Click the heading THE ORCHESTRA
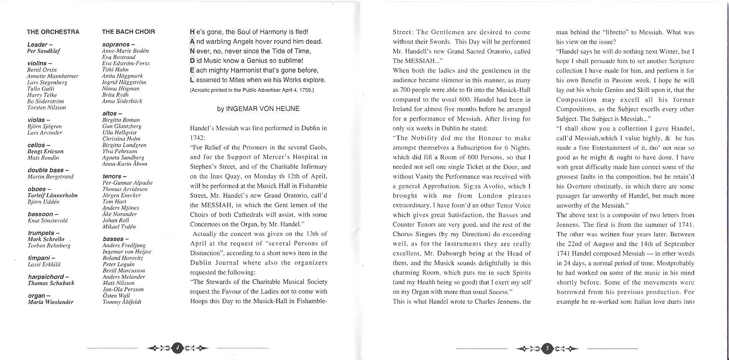coord(53,32)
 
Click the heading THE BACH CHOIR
coord(129,32)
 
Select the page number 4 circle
coord(177,348)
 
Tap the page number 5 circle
coord(547,348)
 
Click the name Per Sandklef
coord(43,51)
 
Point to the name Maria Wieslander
coord(50,302)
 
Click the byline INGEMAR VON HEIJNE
coord(258,109)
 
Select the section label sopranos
coord(116,45)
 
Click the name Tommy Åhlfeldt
coord(122,302)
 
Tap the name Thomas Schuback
coord(51,283)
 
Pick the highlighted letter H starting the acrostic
coord(192,32)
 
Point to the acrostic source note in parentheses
coord(252,90)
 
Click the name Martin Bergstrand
coord(50,177)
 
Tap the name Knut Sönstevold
coord(48,221)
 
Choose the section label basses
coord(113,239)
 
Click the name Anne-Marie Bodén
coord(125,51)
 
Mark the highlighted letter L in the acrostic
coord(192,80)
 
